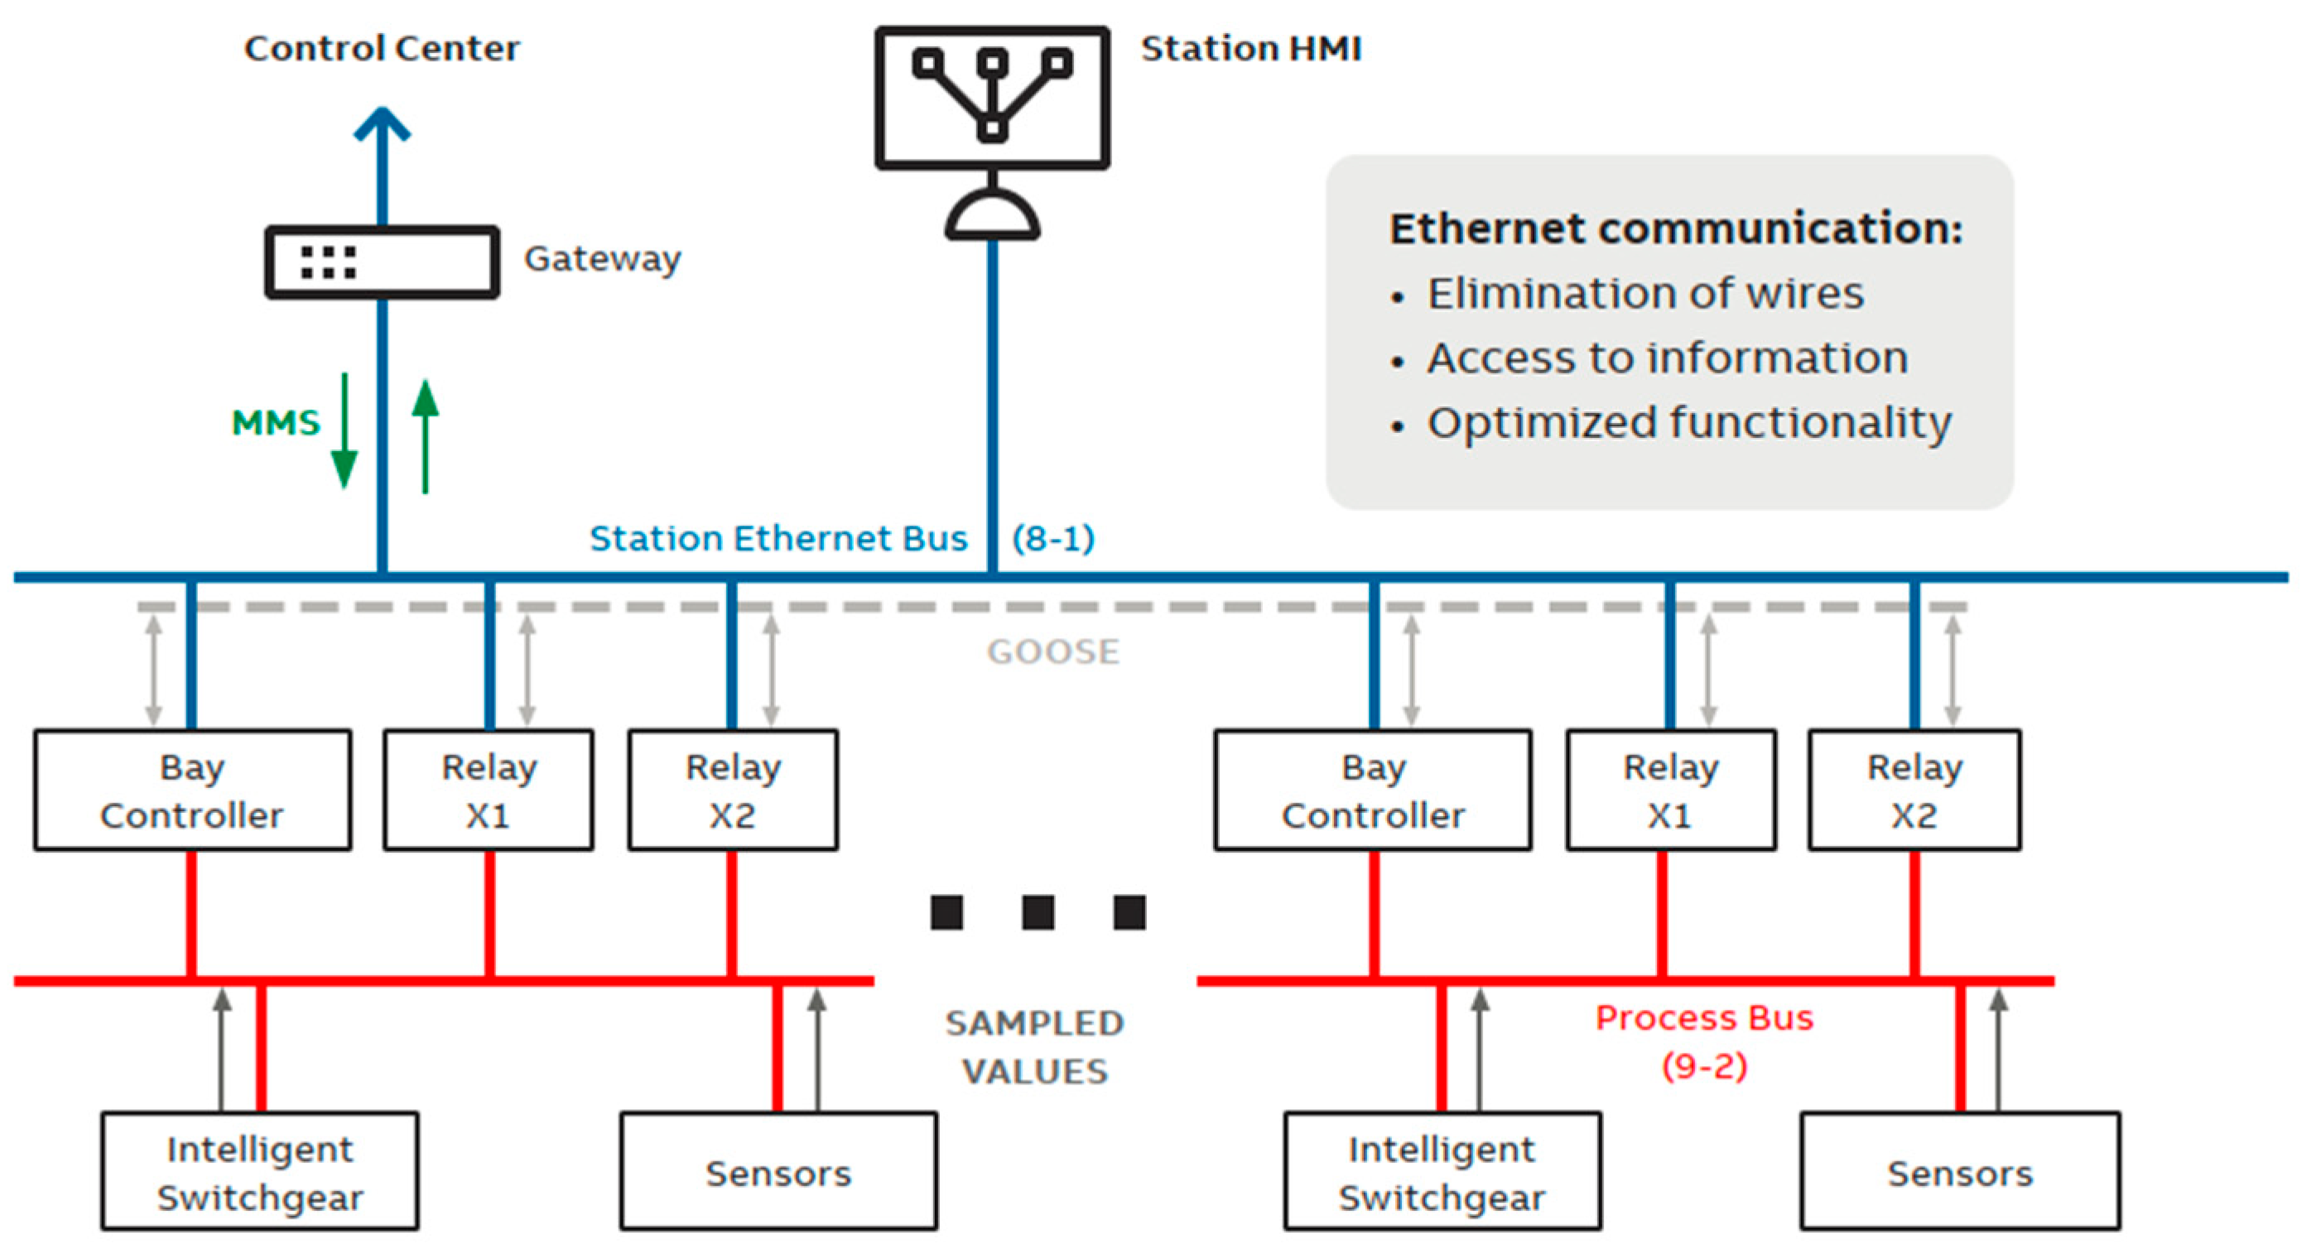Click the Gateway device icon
381,262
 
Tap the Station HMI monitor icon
992,97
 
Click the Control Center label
381,49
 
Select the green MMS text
275,422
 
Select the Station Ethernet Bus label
778,538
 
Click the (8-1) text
1052,538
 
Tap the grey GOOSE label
1052,651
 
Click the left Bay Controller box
192,790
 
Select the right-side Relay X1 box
1670,790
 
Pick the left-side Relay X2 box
733,790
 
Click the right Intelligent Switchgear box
1442,1172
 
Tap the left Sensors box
778,1172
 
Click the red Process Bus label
1704,1018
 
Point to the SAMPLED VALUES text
1034,1047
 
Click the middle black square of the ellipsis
1038,912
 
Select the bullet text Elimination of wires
1644,293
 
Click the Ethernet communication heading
1675,228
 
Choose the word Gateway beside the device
602,259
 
